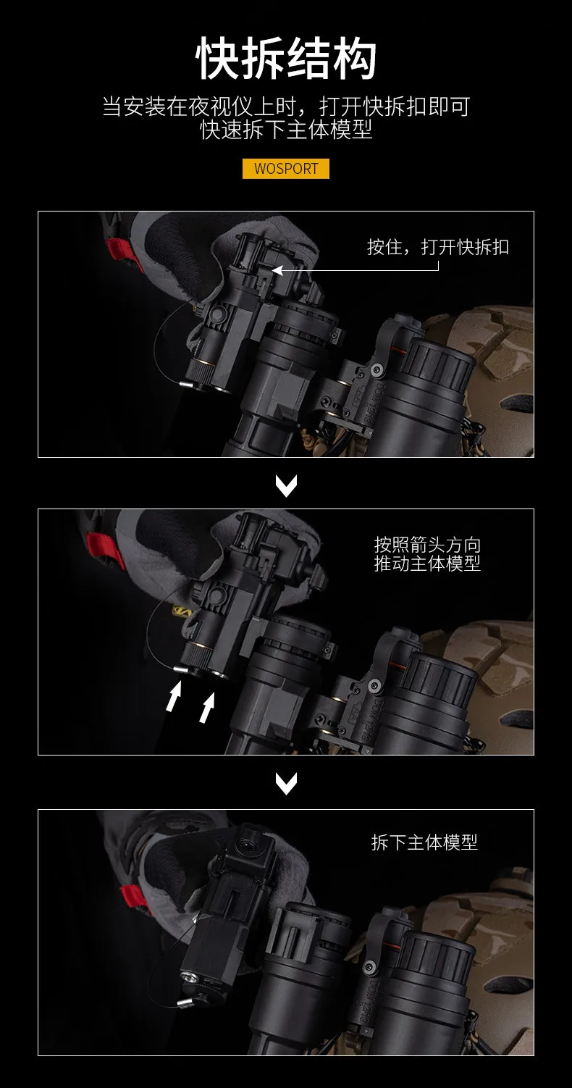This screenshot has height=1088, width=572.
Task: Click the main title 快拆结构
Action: coord(286,59)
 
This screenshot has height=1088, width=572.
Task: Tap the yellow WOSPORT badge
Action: coord(286,169)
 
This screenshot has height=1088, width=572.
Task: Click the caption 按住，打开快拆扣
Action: coord(438,247)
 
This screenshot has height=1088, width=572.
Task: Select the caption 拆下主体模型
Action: coord(424,842)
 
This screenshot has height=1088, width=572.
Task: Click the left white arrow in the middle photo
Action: coord(174,696)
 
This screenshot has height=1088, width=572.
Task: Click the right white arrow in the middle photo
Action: coord(207,707)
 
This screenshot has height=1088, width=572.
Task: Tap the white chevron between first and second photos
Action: coord(286,485)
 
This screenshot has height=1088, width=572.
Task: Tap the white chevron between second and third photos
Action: coord(286,783)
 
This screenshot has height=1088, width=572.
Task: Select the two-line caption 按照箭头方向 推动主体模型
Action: coord(427,554)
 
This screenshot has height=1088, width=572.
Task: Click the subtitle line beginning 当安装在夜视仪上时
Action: coord(286,106)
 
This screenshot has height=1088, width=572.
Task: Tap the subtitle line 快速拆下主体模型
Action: coord(286,129)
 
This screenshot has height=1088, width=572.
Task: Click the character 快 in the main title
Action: coord(218,59)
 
